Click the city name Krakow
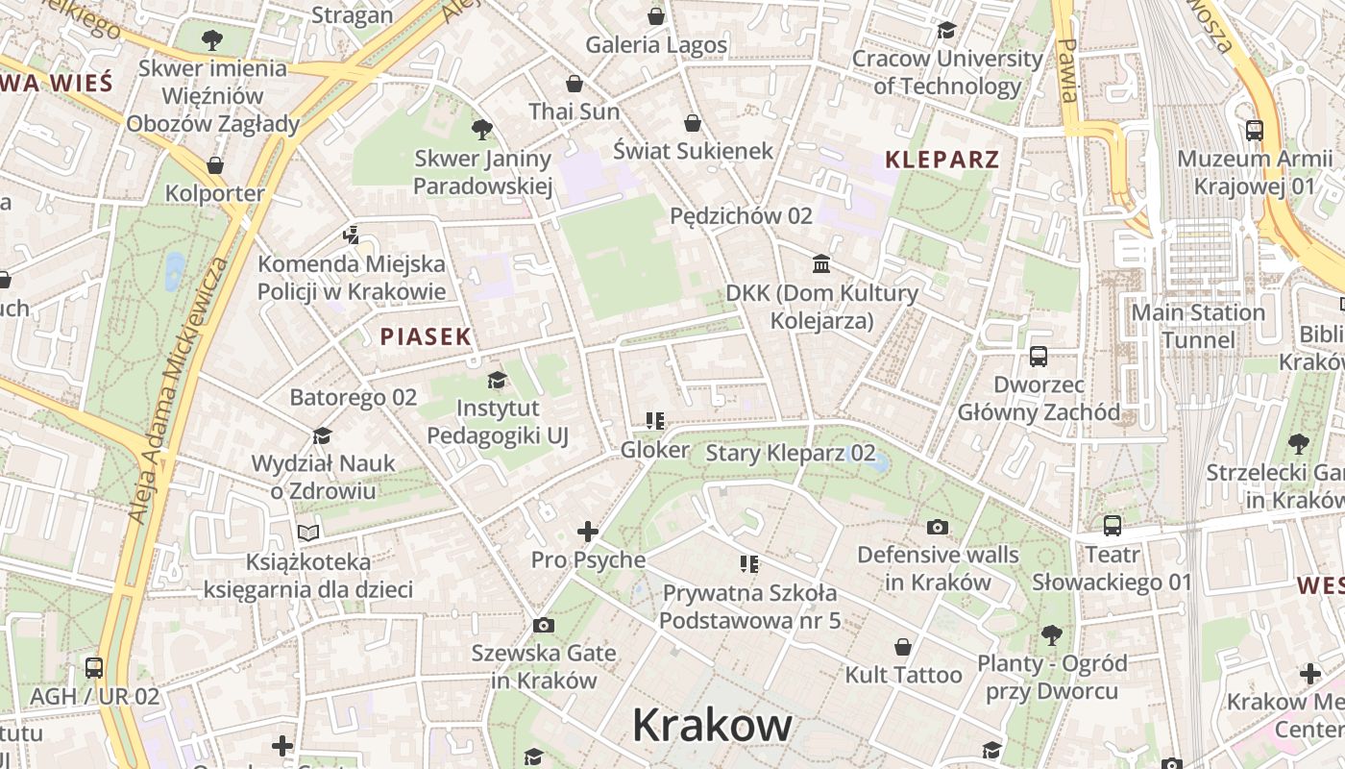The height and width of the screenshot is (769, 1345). pyautogui.click(x=712, y=725)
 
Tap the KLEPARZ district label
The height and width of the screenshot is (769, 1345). pyautogui.click(x=941, y=160)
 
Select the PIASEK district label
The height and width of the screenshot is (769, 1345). pyautogui.click(x=426, y=336)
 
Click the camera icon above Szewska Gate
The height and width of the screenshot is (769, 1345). pyautogui.click(x=544, y=626)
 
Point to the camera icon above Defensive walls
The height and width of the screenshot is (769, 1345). pyautogui.click(x=938, y=527)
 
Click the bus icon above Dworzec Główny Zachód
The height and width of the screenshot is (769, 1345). pyautogui.click(x=1039, y=357)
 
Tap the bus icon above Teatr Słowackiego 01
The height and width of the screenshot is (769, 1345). pyautogui.click(x=1113, y=526)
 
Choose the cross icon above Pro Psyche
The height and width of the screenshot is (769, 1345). pyautogui.click(x=588, y=531)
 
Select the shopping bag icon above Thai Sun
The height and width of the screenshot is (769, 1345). pyautogui.click(x=575, y=84)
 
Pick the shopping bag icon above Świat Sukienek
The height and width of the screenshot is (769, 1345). pyautogui.click(x=693, y=123)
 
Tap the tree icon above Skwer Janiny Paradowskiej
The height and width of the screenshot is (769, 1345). pyautogui.click(x=482, y=130)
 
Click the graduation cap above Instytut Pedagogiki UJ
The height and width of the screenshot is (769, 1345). pyautogui.click(x=497, y=381)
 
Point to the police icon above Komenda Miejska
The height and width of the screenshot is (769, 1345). pyautogui.click(x=352, y=235)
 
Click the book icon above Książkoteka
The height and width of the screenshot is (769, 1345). pyautogui.click(x=308, y=533)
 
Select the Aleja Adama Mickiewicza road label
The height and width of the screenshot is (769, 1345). pyautogui.click(x=181, y=389)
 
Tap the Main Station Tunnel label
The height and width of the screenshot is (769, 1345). pyautogui.click(x=1198, y=326)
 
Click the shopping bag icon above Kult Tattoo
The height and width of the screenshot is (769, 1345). pyautogui.click(x=903, y=647)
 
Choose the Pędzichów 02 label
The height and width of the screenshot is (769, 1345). pyautogui.click(x=741, y=216)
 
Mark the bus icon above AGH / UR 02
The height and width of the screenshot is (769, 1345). pyautogui.click(x=94, y=667)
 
